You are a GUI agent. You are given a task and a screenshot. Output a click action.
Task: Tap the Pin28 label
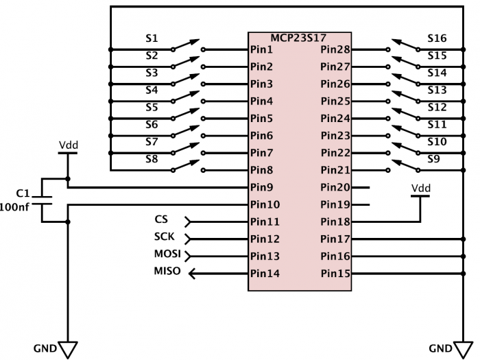(x=335, y=50)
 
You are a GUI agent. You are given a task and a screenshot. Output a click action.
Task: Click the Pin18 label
(x=335, y=221)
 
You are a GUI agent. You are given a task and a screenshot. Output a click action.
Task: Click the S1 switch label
(x=152, y=38)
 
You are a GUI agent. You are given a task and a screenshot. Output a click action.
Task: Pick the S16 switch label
(x=437, y=38)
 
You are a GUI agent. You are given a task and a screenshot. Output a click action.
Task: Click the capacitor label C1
(x=22, y=193)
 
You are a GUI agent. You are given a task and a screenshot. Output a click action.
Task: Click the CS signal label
(x=161, y=220)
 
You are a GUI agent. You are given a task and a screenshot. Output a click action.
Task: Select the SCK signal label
(x=164, y=237)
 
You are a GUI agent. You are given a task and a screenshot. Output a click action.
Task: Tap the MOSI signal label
(x=167, y=254)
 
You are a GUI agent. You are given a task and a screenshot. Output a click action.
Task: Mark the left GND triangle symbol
(x=67, y=350)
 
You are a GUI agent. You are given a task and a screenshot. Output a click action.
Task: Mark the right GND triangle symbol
(x=460, y=350)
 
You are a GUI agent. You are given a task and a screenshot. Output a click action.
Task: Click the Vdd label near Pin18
(x=421, y=188)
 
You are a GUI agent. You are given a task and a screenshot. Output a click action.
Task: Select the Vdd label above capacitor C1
(x=68, y=145)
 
